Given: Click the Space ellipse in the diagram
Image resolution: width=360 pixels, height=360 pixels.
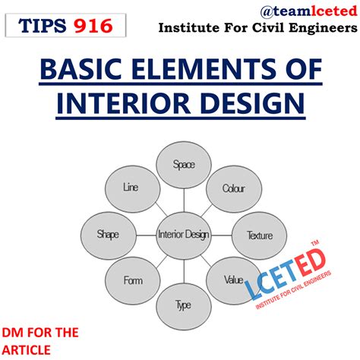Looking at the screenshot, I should [184, 163].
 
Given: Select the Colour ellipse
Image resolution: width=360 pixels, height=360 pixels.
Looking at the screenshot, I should [233, 188].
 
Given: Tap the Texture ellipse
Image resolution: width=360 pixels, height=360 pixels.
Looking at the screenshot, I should [259, 235].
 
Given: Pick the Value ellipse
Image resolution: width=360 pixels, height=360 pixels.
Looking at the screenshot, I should [233, 279].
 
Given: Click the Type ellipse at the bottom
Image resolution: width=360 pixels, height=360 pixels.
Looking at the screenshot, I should [183, 306].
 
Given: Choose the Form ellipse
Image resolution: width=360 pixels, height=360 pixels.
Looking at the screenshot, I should [133, 280].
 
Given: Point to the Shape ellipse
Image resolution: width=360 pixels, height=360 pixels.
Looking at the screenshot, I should [106, 235].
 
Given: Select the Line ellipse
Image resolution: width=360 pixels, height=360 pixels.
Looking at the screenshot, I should [130, 187].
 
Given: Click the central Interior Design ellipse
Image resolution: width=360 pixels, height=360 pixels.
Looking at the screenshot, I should [183, 235].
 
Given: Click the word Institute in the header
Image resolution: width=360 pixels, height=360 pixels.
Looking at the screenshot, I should [186, 29].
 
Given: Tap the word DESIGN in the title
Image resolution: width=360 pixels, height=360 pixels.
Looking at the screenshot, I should [244, 102].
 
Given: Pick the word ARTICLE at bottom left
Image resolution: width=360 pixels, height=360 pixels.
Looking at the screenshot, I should [27, 349].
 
